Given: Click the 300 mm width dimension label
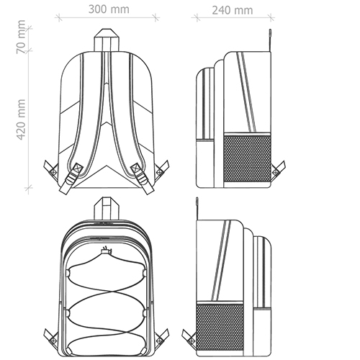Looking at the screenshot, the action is tap(109, 9).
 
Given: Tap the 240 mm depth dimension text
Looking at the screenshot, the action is tap(233, 10).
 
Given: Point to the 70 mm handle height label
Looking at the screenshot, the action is tap(21, 37).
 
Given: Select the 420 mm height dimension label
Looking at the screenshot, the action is tap(21, 120).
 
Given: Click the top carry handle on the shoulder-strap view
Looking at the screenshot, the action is tap(107, 40).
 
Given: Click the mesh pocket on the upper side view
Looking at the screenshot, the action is tap(247, 158).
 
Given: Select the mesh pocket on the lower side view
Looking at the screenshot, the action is tap(220, 327).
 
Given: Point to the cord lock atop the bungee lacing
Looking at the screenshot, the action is tap(105, 251).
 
